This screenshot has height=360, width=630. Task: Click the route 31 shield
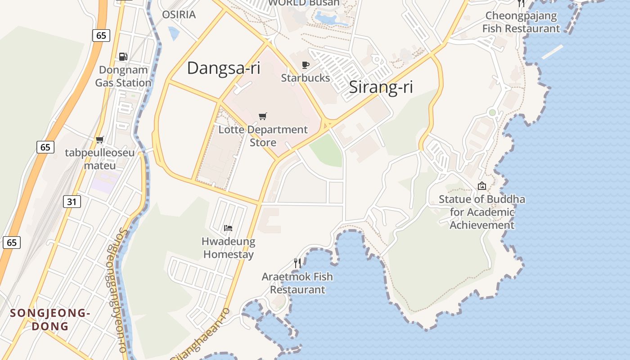[x=72, y=202]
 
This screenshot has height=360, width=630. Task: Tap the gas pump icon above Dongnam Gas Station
[x=123, y=57]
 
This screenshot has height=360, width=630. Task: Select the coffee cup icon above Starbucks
[x=306, y=65]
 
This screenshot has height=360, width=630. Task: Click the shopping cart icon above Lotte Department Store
[x=263, y=117]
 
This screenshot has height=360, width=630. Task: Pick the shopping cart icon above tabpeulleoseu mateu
[x=100, y=140]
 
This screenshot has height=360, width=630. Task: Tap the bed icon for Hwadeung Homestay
[x=228, y=228]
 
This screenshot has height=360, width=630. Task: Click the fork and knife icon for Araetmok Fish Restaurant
[x=297, y=263]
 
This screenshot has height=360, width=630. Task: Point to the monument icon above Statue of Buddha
[x=482, y=186]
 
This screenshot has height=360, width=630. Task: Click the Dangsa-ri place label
[x=224, y=68]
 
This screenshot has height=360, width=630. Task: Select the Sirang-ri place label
[x=381, y=87]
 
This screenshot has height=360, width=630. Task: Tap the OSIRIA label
[x=179, y=15]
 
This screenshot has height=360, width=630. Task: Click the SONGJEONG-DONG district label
[x=50, y=319]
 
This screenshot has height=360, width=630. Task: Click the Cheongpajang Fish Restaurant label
[x=521, y=22]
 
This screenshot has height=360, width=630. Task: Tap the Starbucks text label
[x=306, y=78]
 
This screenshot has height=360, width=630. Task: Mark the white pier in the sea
[x=552, y=52]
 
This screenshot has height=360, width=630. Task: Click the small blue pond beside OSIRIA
[x=174, y=33]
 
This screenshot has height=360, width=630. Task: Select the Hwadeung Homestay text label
[x=228, y=248]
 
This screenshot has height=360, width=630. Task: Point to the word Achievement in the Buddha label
[x=482, y=225]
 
